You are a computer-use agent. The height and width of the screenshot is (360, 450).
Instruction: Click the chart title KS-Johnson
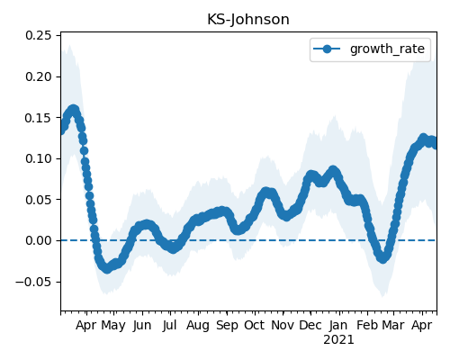coord(248,20)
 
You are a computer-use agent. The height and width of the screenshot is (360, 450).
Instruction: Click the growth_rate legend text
coord(387,49)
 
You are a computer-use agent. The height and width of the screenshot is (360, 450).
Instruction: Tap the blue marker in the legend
coord(327,49)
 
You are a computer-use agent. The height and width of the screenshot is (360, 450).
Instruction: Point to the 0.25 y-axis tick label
coord(39,35)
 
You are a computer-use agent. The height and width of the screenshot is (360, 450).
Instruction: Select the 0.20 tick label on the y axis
coord(39,76)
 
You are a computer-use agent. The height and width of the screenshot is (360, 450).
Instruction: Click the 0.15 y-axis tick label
coord(39,118)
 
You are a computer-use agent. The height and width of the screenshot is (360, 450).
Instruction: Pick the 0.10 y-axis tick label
coord(39,158)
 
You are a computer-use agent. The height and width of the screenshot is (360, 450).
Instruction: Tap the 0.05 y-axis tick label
coord(39,200)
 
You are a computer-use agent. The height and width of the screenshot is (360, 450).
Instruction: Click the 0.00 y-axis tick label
coord(39,240)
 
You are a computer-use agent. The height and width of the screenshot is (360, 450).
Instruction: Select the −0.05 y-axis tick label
coord(33,282)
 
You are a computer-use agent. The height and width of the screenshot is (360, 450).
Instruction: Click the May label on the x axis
coord(113,326)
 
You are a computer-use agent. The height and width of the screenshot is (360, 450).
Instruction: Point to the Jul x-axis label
coord(170,325)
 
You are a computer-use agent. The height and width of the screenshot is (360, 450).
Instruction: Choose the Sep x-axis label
coord(227,326)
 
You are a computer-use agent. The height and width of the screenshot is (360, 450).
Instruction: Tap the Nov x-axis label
coord(283,325)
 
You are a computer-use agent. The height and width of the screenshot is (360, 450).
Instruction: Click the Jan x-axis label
coord(338,325)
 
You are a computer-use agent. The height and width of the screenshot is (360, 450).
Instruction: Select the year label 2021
coord(338,340)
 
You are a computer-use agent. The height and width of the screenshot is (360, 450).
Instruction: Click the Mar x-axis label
coord(393,325)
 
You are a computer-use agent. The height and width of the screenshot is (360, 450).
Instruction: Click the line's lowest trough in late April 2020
coord(107,268)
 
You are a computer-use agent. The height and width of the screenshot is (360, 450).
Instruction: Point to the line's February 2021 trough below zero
coord(382,258)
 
